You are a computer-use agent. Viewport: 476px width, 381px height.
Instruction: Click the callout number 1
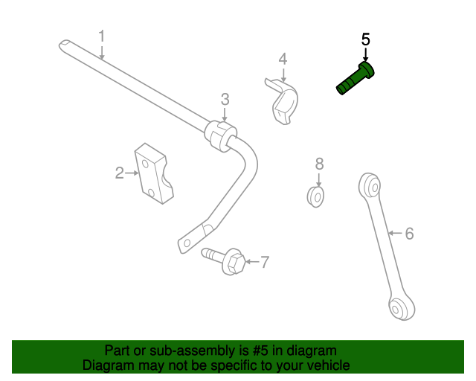coord(102,36)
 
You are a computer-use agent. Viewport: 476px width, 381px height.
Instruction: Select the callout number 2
coord(119,173)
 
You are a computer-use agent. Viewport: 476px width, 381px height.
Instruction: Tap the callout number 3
coord(225,99)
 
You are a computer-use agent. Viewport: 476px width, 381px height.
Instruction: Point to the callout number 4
coord(283,59)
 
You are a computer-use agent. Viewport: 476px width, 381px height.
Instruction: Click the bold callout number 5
coord(365,39)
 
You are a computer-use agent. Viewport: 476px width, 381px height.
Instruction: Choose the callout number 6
coord(409,234)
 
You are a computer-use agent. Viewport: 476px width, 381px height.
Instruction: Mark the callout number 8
coord(318,163)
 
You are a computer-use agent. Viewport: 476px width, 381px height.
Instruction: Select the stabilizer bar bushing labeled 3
coord(220,135)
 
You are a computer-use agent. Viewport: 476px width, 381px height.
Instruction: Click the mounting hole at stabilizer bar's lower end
coord(187,243)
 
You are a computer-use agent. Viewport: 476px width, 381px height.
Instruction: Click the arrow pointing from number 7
coord(251,261)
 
